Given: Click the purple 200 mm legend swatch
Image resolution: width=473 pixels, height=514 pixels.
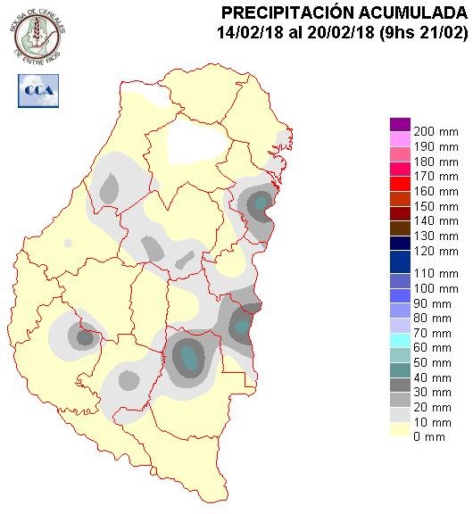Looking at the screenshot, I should coord(400,124).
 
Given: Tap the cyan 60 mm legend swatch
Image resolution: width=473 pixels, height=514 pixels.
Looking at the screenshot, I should coord(400,339).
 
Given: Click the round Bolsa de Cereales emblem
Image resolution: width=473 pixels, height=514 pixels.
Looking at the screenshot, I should coord(37,33).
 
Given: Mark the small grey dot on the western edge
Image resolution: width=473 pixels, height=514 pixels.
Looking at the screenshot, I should coord(68,243).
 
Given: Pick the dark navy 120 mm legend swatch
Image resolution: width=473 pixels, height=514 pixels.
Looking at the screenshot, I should coord(400,243).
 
